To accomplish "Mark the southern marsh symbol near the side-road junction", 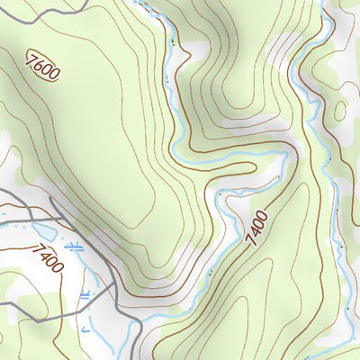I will click(x=87, y=294).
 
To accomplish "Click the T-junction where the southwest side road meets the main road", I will click(x=115, y=288).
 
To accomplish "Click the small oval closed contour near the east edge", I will click(x=340, y=111).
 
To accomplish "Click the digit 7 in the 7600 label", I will click(x=32, y=58).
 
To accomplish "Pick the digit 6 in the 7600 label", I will click(x=39, y=65).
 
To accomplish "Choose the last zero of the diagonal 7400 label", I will click(x=263, y=214).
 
